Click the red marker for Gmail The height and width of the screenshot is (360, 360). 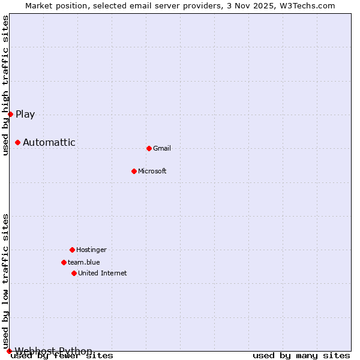[149, 148]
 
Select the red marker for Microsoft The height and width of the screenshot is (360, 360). [134, 171]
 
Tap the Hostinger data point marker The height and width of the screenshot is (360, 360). [72, 250]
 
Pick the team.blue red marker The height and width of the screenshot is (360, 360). [64, 262]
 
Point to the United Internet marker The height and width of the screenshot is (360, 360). [74, 273]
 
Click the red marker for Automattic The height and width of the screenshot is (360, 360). [17, 142]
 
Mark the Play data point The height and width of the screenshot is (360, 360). [10, 114]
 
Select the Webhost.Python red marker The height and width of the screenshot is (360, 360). [9, 351]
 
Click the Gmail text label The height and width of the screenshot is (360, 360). [162, 148]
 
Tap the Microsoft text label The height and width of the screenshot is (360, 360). [152, 171]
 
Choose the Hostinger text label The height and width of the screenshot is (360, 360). [91, 250]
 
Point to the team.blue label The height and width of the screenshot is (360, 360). [84, 262]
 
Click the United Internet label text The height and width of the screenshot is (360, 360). [102, 273]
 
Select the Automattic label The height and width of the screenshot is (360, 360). [49, 142]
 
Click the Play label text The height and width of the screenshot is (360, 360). [25, 114]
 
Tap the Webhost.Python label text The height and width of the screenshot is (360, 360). [53, 351]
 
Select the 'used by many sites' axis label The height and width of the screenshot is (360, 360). [301, 355]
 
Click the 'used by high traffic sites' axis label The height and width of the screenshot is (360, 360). [6, 85]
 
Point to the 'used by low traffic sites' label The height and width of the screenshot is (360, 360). [6, 281]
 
